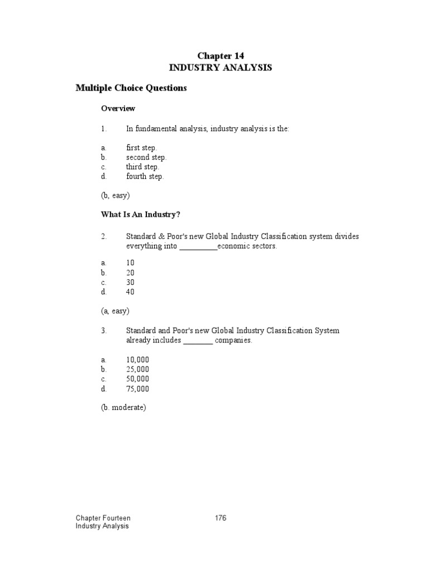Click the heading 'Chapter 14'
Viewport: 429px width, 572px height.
(x=221, y=55)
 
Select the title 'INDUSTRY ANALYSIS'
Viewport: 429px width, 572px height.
(x=221, y=68)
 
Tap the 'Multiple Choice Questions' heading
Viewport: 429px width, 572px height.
(x=131, y=88)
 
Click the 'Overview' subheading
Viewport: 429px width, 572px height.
(x=118, y=108)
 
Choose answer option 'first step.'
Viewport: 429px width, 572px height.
(x=142, y=148)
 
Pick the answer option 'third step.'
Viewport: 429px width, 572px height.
(x=142, y=167)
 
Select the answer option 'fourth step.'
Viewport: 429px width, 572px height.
(x=145, y=177)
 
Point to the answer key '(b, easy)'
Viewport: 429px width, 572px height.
(x=116, y=196)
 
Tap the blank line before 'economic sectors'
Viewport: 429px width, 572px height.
(x=198, y=246)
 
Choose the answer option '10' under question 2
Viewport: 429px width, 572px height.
(x=130, y=263)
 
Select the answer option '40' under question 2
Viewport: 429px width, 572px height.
(x=130, y=292)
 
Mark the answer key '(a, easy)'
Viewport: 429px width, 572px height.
(x=116, y=311)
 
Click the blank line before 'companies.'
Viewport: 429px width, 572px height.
(x=198, y=341)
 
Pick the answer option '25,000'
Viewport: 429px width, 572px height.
(x=137, y=370)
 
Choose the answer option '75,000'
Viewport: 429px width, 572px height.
(x=137, y=389)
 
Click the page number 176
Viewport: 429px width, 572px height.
(x=221, y=518)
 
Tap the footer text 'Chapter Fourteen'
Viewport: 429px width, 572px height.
(x=103, y=518)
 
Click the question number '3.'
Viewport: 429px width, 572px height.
(x=104, y=331)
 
